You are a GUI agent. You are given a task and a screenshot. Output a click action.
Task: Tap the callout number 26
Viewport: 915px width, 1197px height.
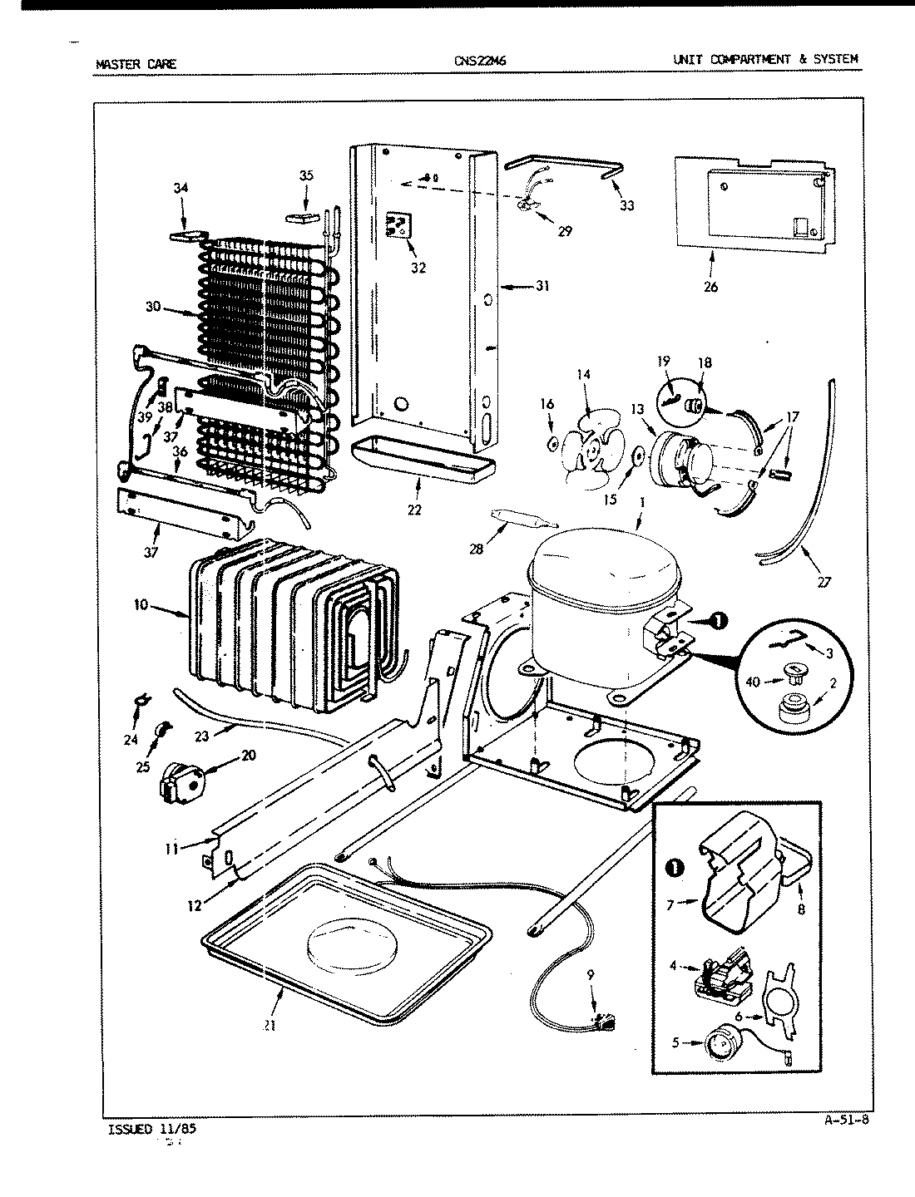pos(710,288)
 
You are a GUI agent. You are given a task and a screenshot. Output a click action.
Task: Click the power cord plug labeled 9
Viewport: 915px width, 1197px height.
pos(605,1026)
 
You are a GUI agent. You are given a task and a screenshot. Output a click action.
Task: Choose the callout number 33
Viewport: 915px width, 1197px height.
pos(627,205)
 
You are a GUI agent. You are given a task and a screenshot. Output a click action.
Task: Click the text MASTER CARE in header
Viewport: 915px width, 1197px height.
pos(136,62)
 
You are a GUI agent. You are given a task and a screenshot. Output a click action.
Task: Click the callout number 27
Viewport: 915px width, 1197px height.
pos(823,581)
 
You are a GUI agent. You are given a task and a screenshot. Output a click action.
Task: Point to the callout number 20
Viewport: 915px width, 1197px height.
pos(248,755)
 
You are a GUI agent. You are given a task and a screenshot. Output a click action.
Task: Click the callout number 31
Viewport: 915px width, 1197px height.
pos(542,287)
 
